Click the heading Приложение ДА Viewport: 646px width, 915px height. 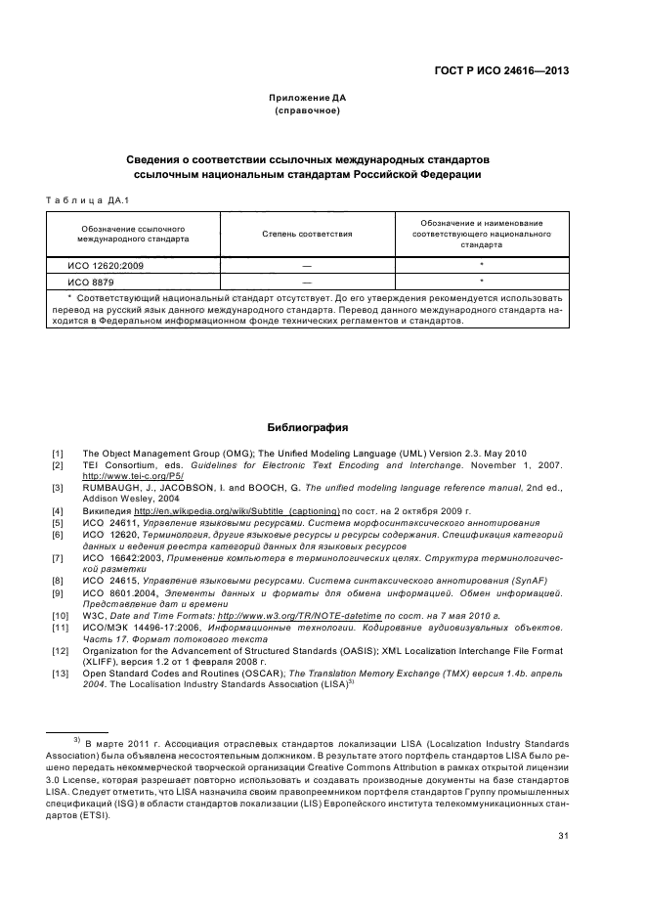click(x=307, y=98)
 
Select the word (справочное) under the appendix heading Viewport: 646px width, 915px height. click(x=307, y=110)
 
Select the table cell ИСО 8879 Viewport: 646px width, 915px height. click(x=89, y=281)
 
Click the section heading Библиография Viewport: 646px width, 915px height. click(x=307, y=427)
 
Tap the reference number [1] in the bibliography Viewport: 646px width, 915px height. click(x=58, y=453)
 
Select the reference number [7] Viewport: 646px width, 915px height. click(x=58, y=556)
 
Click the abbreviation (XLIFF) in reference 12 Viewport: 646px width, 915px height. click(x=101, y=660)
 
